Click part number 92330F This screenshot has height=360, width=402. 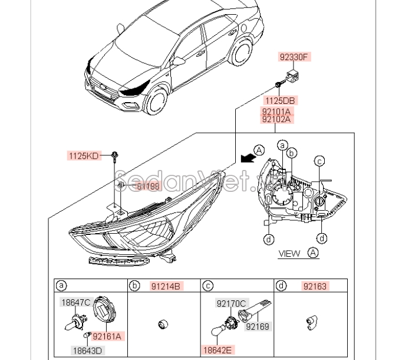pyautogui.click(x=294, y=57)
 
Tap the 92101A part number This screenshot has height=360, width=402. pyautogui.click(x=276, y=110)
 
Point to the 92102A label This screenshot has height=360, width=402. pyautogui.click(x=276, y=119)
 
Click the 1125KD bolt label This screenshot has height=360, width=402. pyautogui.click(x=84, y=156)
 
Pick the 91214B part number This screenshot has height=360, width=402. pyautogui.click(x=167, y=286)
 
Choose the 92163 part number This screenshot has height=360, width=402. pyautogui.click(x=315, y=286)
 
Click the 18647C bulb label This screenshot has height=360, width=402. pyautogui.click(x=76, y=303)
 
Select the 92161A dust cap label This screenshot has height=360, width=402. pyautogui.click(x=107, y=336)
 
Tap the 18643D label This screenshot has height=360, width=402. pyautogui.click(x=88, y=350)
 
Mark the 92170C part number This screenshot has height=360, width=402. pyautogui.click(x=231, y=304)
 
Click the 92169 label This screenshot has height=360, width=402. pyautogui.click(x=258, y=325)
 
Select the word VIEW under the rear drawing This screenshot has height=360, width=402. pyautogui.click(x=289, y=254)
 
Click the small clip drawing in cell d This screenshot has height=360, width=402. pyautogui.click(x=310, y=322)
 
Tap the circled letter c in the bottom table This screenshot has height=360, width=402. pyautogui.click(x=208, y=286)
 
